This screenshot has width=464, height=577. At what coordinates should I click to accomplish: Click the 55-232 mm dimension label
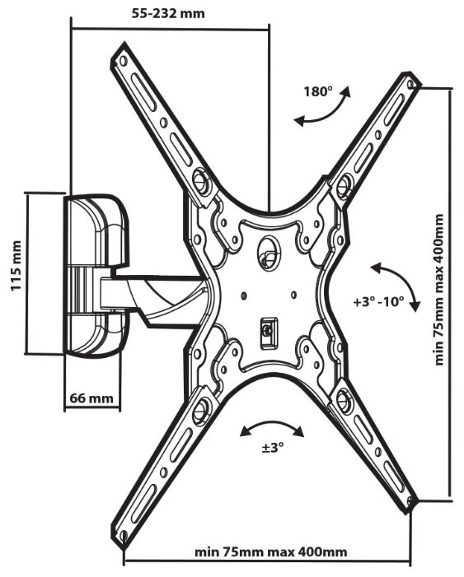tap(168, 14)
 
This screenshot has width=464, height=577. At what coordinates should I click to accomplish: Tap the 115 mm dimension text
tap(16, 266)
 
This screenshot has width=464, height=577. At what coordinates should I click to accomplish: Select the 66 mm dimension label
tap(91, 398)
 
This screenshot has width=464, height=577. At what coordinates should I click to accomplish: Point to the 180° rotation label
tap(318, 91)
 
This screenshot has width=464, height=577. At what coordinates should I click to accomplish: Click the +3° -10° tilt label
tap(378, 302)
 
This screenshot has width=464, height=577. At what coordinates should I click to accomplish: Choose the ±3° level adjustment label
tap(273, 448)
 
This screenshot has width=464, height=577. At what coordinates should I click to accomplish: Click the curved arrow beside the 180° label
tap(323, 109)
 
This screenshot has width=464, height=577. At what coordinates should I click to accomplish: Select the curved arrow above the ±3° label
tap(272, 427)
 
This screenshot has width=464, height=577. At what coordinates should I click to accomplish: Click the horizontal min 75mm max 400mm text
tap(271, 552)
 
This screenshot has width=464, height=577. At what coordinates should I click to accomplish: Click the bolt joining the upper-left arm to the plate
tap(201, 180)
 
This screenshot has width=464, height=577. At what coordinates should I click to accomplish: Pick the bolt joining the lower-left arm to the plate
tap(200, 410)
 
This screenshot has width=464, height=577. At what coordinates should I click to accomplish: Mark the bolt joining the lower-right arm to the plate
tap(343, 399)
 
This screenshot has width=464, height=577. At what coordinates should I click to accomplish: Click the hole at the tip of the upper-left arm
tap(123, 60)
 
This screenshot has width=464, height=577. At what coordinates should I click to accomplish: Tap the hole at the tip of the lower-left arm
tap(124, 535)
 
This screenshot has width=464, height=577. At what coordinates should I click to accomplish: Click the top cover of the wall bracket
tap(96, 230)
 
